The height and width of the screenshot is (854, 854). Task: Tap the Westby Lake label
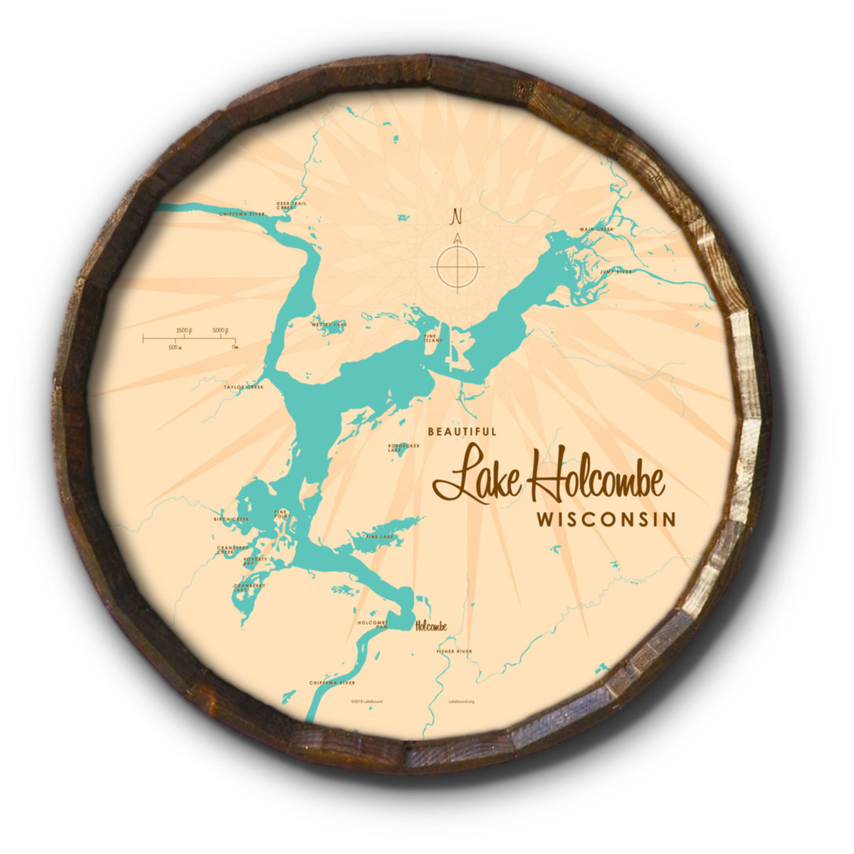(x=329, y=325)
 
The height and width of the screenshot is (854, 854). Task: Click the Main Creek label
(x=596, y=230)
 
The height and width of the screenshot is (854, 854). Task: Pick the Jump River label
(x=616, y=271)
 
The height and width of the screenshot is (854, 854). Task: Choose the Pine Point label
(x=281, y=515)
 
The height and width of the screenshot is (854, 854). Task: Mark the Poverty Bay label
(x=254, y=561)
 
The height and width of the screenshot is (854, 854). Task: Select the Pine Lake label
(x=379, y=536)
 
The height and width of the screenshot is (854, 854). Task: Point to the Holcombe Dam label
(x=372, y=624)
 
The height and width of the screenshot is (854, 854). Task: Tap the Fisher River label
(x=453, y=651)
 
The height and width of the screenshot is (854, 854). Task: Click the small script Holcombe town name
(x=431, y=626)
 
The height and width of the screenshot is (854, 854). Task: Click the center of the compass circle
(x=458, y=267)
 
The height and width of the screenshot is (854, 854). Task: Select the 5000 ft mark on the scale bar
(x=220, y=331)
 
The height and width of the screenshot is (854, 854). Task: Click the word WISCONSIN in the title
(x=606, y=519)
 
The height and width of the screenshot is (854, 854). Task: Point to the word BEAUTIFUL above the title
(x=462, y=431)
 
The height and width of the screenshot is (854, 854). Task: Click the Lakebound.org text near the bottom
(x=461, y=701)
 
